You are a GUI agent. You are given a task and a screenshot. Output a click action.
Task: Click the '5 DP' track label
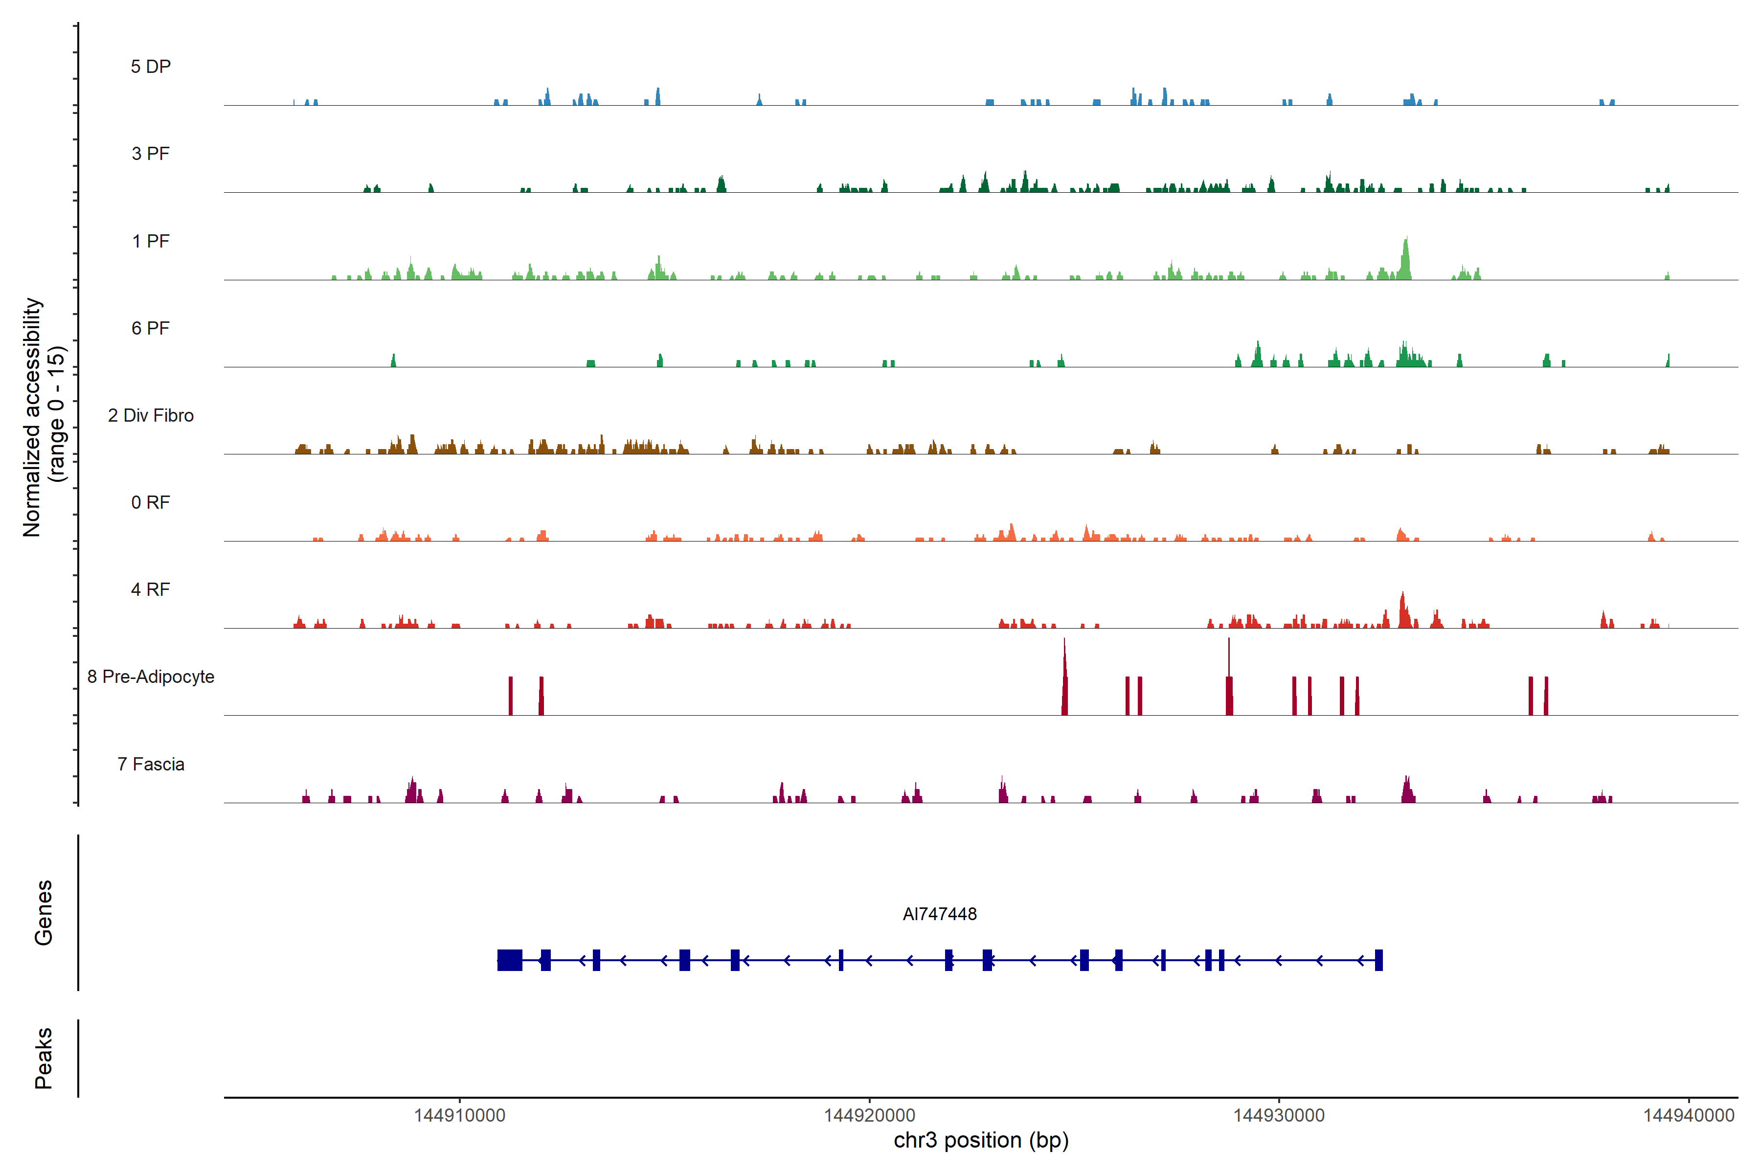(151, 67)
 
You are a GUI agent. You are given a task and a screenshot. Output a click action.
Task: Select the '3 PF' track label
(151, 154)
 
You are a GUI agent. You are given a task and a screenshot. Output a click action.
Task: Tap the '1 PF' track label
(151, 241)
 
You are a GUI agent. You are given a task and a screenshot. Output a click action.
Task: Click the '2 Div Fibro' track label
(151, 415)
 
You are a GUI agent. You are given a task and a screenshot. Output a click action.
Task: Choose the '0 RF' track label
(151, 502)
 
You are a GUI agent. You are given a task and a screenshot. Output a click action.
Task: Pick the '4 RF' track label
(151, 589)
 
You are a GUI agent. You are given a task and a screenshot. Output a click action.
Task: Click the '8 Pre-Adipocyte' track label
(151, 677)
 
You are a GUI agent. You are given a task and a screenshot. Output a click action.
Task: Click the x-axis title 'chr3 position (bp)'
(981, 1140)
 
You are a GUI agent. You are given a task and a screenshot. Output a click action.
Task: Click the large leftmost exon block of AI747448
(510, 960)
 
